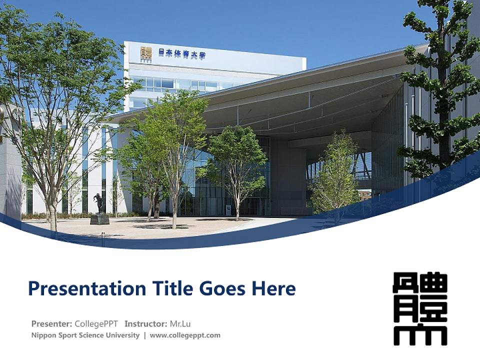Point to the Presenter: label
[51, 323]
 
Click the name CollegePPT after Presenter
[96, 323]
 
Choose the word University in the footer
[121, 335]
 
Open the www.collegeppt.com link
[185, 335]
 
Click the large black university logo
[420, 308]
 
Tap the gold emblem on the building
[146, 53]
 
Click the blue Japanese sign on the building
[182, 53]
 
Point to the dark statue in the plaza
[98, 203]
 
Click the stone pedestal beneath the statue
[99, 218]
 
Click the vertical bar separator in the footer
[144, 335]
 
